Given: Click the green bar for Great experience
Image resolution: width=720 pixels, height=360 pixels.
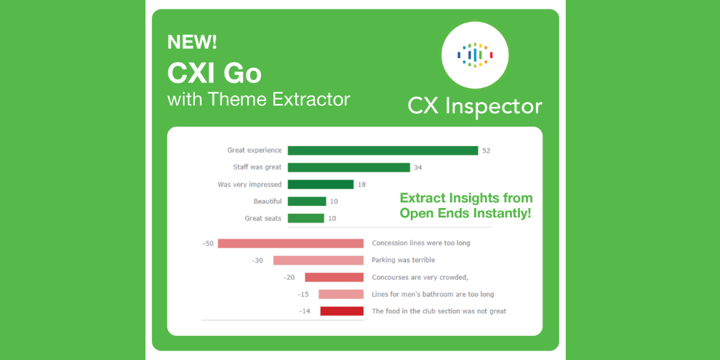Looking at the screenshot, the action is (383, 151).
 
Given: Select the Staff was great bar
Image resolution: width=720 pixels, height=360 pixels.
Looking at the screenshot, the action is (349, 167).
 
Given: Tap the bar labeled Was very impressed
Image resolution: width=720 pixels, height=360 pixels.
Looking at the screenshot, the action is (321, 185).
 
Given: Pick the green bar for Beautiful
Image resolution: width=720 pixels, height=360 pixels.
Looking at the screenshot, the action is (307, 201).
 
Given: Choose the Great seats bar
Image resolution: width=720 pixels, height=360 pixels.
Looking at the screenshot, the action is (305, 218).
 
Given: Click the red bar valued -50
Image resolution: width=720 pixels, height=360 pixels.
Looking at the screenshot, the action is (291, 244).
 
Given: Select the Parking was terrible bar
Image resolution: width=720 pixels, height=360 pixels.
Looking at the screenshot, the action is (319, 260).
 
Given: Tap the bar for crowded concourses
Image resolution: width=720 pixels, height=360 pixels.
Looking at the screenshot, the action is (335, 277).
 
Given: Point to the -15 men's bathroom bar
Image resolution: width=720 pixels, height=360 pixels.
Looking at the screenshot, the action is (341, 295).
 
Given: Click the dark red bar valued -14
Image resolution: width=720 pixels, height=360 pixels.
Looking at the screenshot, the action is (342, 311).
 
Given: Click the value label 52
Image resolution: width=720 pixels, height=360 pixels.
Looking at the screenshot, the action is (487, 151).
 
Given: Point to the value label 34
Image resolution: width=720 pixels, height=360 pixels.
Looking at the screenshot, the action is (418, 167).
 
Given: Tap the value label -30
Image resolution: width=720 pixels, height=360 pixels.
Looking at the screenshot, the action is (257, 260).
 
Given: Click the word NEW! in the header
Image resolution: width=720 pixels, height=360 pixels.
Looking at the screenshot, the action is (192, 43).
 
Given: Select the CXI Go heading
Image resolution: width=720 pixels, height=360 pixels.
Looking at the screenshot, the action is (215, 73).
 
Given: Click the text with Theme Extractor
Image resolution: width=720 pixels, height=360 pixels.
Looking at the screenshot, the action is (258, 99).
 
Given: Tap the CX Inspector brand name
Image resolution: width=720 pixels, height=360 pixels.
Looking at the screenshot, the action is (475, 106).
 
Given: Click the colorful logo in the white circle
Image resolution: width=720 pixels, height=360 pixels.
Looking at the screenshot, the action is (475, 55).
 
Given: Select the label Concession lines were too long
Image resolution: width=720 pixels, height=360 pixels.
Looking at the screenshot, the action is (421, 244).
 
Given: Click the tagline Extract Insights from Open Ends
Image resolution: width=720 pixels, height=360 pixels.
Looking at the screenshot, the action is (466, 205).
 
